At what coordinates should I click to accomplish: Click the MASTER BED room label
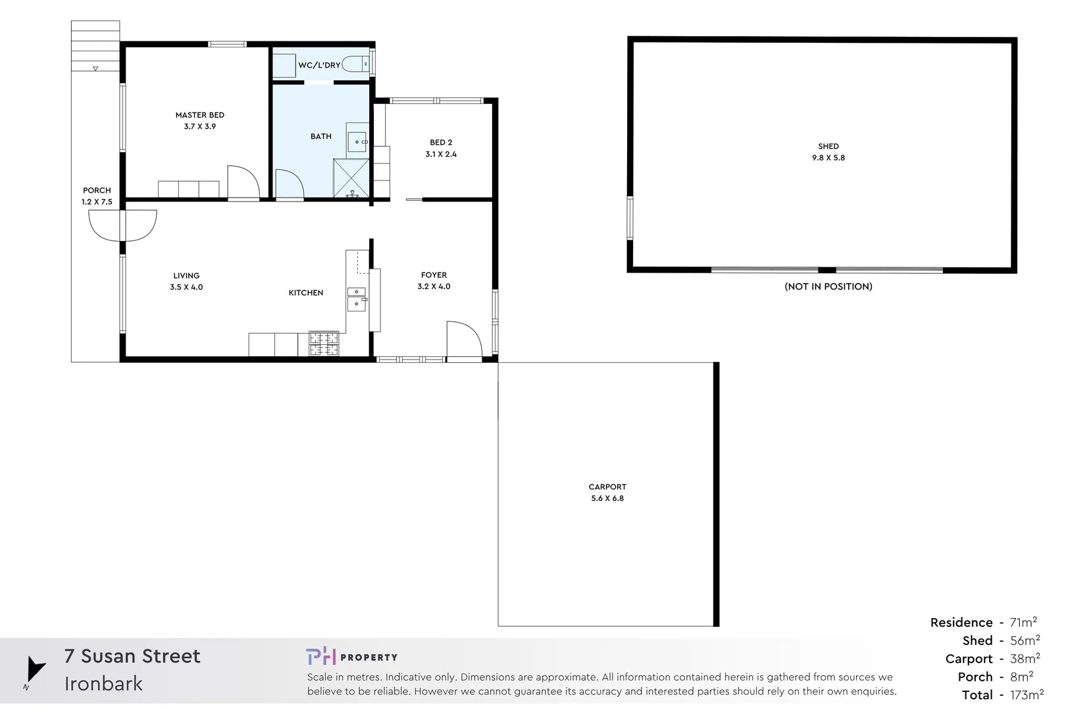click(x=199, y=115)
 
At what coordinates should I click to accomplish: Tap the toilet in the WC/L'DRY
click(x=356, y=65)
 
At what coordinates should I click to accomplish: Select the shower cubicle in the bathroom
click(x=351, y=178)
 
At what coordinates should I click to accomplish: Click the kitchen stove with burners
click(x=324, y=344)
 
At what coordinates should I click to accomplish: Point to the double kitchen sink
click(x=356, y=298)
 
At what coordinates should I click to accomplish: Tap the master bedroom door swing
click(x=243, y=182)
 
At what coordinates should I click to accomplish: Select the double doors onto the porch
click(x=122, y=226)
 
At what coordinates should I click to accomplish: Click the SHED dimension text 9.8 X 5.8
click(x=828, y=158)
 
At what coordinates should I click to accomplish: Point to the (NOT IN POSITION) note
click(x=828, y=286)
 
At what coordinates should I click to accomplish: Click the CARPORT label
click(x=607, y=487)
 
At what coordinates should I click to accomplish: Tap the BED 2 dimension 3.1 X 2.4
click(x=440, y=154)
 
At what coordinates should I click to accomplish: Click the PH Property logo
click(x=351, y=656)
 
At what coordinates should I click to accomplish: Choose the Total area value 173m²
click(x=1027, y=695)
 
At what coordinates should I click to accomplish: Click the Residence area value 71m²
click(x=1023, y=622)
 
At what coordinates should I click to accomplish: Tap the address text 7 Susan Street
click(x=132, y=656)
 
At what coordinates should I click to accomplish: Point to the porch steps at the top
click(x=95, y=46)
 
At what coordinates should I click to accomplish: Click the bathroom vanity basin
click(x=357, y=142)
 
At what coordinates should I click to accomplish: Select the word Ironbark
click(x=103, y=684)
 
